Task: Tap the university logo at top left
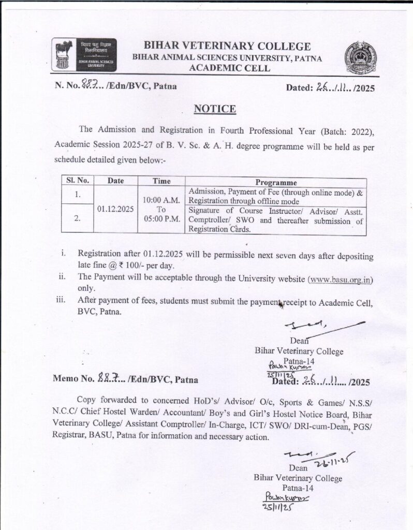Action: [85, 53]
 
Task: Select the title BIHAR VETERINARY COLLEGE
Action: [227, 47]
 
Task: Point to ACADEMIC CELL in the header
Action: [228, 68]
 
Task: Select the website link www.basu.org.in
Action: [341, 279]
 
